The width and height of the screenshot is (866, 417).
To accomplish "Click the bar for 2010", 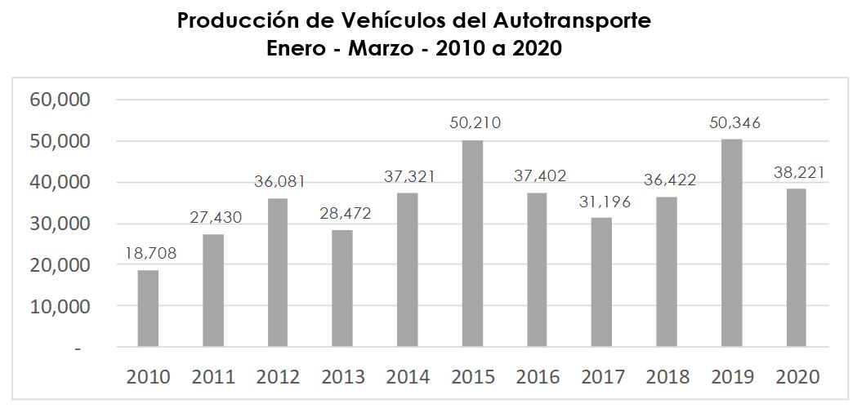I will pos(148,308).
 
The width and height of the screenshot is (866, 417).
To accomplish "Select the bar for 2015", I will pos(472,243).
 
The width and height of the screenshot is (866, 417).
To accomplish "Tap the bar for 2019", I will pos(731,243).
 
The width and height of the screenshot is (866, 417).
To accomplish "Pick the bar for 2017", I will pos(601,282).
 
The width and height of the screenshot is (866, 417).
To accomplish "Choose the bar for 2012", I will pos(278,273).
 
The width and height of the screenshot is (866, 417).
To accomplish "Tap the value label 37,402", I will pos(540,176).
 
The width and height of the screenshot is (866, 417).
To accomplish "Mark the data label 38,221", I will pos(799,172).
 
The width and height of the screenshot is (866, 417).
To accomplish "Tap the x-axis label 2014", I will pos(408,377).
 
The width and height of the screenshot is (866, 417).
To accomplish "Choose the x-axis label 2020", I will pos(797,377).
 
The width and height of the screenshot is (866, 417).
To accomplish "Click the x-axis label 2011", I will pos(213,377).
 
